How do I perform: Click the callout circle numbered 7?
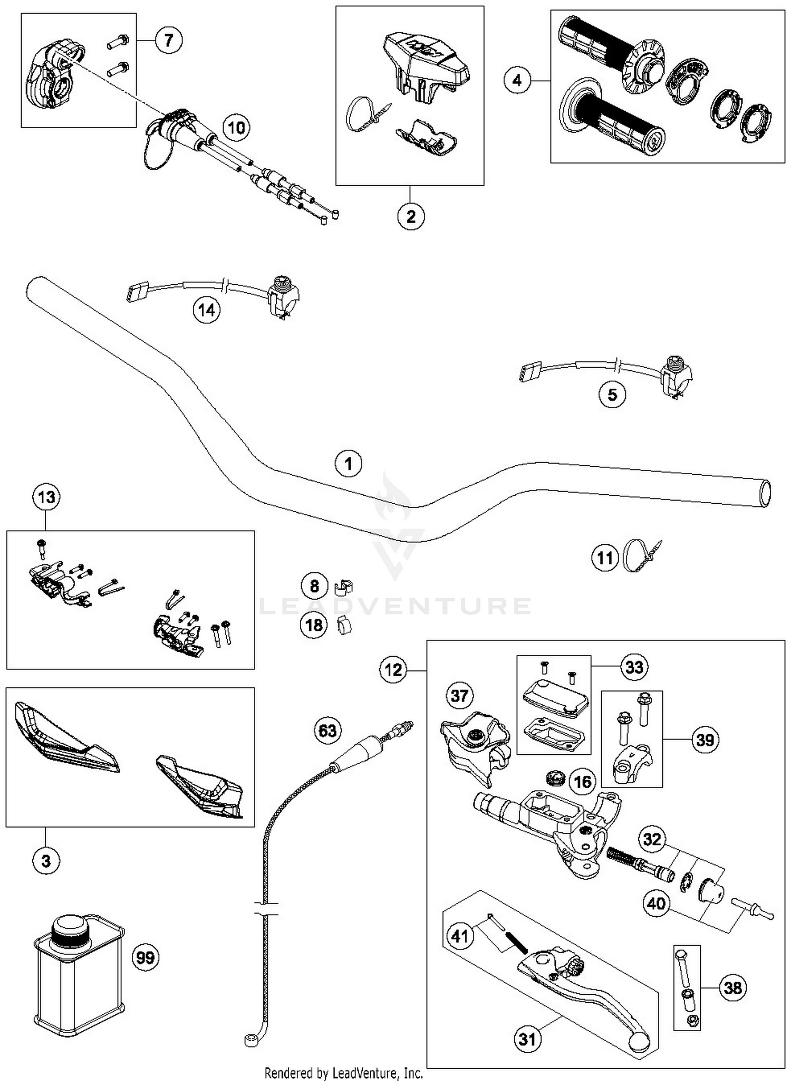coord(169,41)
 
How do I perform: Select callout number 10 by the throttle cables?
coord(236,128)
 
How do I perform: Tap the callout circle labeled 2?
coord(411,216)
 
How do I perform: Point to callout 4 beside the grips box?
coord(517,80)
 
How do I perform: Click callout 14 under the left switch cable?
coord(206,310)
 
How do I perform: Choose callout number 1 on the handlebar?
coord(349,464)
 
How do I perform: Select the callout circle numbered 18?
coord(314,626)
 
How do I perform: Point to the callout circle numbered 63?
coord(327,731)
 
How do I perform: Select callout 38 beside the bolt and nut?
coord(733,987)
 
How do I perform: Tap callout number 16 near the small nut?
coord(582,781)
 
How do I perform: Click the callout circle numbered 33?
coord(634,667)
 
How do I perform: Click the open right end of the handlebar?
coord(764,493)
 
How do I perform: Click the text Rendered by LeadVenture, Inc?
coord(343,1073)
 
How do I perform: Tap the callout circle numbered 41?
coord(460,936)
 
